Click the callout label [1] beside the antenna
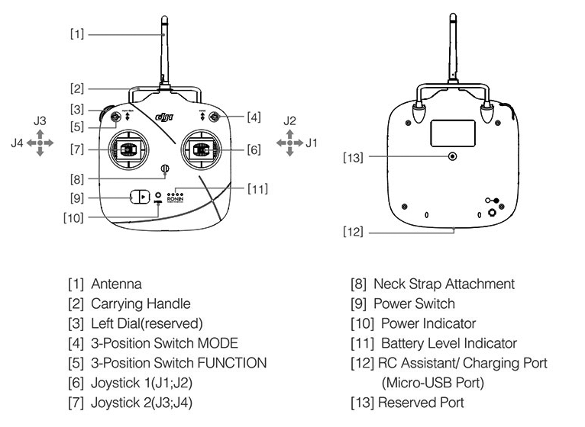coord(77,34)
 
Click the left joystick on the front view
coord(125,149)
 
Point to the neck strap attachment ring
coord(163,169)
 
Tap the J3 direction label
coord(40,120)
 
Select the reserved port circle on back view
coord(453,156)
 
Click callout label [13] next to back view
coord(354,157)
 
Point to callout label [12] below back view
coord(354,231)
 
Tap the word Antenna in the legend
coord(116,284)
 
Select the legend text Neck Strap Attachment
coord(444,284)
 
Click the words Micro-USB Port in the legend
coord(431,383)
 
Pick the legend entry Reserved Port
coord(420,403)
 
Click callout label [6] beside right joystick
coord(254,150)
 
